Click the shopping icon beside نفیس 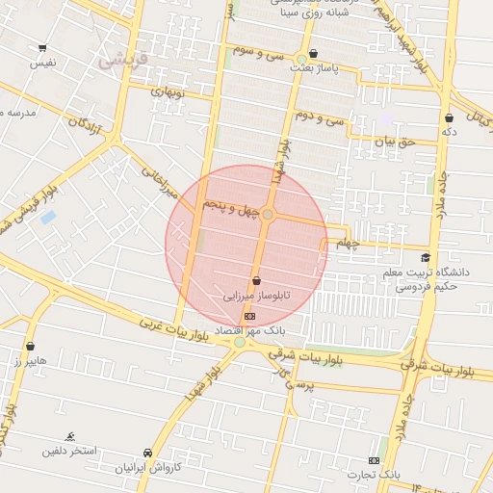click(x=42, y=47)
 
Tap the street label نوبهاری click(x=165, y=94)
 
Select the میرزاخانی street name click(x=161, y=182)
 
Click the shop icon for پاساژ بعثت click(x=313, y=55)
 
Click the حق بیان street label click(x=394, y=141)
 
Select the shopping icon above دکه click(x=449, y=117)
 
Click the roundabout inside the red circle click(x=269, y=214)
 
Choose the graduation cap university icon click(x=426, y=258)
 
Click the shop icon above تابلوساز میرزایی click(x=255, y=280)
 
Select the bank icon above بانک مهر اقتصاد click(x=250, y=315)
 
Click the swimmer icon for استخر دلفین click(x=70, y=436)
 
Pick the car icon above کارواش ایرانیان click(x=147, y=454)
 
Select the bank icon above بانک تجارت click(x=375, y=460)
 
